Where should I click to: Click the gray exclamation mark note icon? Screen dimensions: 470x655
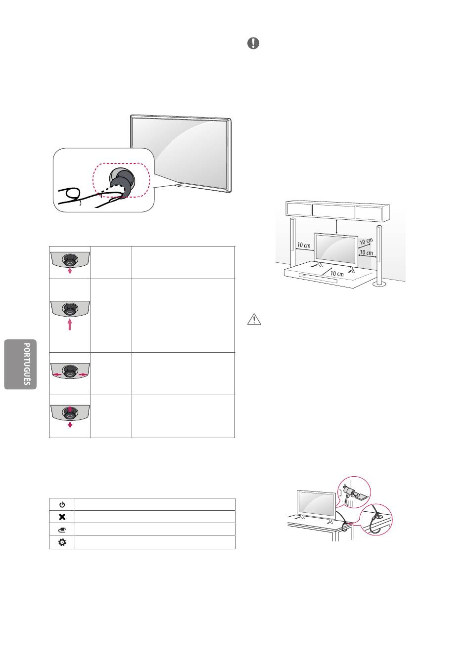coord(253,43)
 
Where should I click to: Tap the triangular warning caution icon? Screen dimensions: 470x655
coord(254,320)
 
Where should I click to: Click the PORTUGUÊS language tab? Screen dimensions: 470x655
coord(20,365)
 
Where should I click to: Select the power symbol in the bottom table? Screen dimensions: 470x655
coord(62,504)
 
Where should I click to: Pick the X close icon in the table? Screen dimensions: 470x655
coord(62,517)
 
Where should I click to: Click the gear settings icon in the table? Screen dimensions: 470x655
coord(62,542)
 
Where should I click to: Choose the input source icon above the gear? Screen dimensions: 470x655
coord(62,530)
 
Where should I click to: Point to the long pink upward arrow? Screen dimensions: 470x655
coord(70,324)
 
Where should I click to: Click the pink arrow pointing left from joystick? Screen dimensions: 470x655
coord(56,374)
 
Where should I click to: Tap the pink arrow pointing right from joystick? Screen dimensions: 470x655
coord(83,374)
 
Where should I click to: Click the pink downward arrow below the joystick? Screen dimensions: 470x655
coord(70,425)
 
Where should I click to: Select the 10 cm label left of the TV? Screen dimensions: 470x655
coord(304,245)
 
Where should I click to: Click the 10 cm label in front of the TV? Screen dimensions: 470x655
coord(337,274)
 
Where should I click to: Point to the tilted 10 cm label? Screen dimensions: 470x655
coord(366,242)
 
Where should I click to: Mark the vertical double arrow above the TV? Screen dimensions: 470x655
coord(337,226)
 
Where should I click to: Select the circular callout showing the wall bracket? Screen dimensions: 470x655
coord(354,492)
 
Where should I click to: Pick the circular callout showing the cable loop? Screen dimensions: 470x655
coord(376,520)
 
